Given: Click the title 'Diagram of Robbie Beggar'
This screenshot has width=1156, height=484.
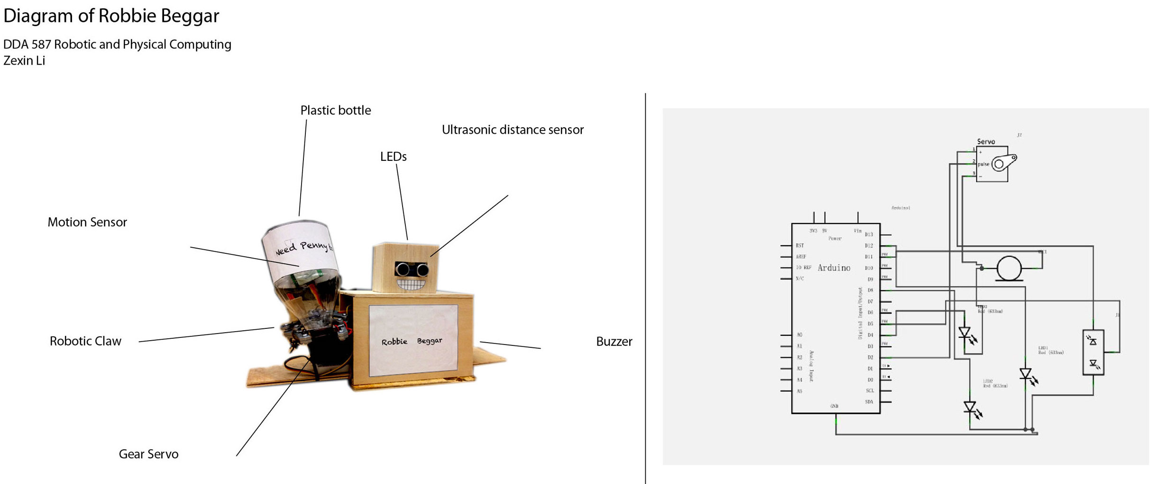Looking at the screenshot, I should (x=111, y=16).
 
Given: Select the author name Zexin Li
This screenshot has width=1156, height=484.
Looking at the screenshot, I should (x=24, y=61).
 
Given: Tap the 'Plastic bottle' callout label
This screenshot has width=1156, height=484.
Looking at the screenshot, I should (x=335, y=111).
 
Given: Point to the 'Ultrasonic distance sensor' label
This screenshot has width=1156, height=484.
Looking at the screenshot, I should (x=512, y=130).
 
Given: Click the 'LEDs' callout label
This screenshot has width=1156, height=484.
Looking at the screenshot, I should (x=393, y=157).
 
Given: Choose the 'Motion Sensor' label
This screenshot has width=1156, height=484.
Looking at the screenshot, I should (x=87, y=223).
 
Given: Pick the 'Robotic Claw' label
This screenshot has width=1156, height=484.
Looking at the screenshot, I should (x=85, y=341).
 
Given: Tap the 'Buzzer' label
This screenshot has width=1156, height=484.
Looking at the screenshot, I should (x=614, y=342).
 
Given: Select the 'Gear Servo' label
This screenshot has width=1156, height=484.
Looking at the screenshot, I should (x=148, y=454).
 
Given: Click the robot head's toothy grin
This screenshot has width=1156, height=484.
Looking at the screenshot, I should (x=411, y=284).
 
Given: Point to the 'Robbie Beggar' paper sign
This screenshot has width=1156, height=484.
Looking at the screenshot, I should (x=412, y=341).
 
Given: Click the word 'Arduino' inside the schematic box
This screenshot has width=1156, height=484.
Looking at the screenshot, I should (x=834, y=268).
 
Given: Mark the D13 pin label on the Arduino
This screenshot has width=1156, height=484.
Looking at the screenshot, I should (x=869, y=234).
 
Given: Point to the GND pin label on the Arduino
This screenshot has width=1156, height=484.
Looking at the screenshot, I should (x=834, y=406).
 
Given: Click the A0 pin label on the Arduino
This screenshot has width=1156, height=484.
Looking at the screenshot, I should (x=799, y=335).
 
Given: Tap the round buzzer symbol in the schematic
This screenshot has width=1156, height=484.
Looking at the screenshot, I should (x=1009, y=268).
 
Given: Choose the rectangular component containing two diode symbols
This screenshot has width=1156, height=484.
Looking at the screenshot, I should (x=1093, y=353).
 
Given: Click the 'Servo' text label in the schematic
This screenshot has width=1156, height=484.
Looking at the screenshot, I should (x=986, y=141).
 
